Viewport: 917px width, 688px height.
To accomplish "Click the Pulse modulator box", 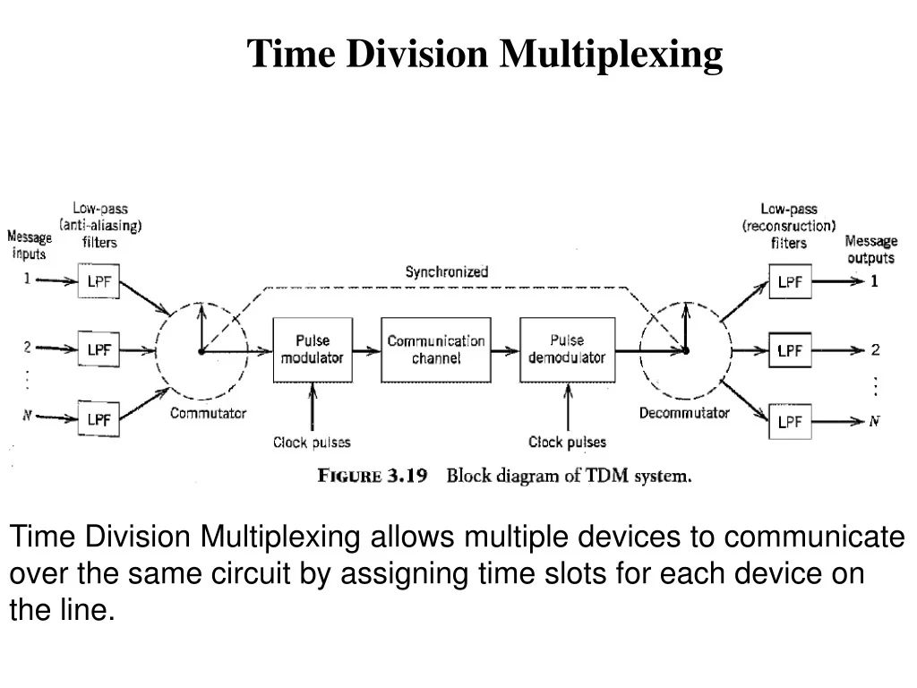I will (x=312, y=349).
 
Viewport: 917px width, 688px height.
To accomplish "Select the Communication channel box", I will (x=436, y=349).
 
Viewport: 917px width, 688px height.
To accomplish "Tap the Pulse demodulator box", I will (x=566, y=349).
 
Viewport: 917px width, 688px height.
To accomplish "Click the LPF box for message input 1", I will (x=99, y=280).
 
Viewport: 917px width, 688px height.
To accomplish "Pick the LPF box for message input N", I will (x=99, y=418).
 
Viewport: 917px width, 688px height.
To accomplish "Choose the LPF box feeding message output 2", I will (x=790, y=350).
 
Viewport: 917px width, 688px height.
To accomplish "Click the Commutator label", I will (x=208, y=413).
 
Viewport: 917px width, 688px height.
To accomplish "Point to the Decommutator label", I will (x=684, y=413).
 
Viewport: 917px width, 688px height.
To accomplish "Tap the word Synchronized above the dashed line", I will (x=447, y=271).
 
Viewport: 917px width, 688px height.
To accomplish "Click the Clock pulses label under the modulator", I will (x=312, y=442).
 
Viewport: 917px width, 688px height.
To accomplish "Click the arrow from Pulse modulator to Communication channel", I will (x=367, y=350).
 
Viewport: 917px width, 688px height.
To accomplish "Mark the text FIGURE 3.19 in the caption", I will (x=373, y=476).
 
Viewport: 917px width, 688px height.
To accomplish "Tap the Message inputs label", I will (x=30, y=245).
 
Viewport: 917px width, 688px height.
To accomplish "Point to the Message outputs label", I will (x=870, y=249).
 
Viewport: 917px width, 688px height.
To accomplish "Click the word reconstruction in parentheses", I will (x=789, y=226).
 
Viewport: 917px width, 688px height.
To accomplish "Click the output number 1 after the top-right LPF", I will (x=874, y=281).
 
